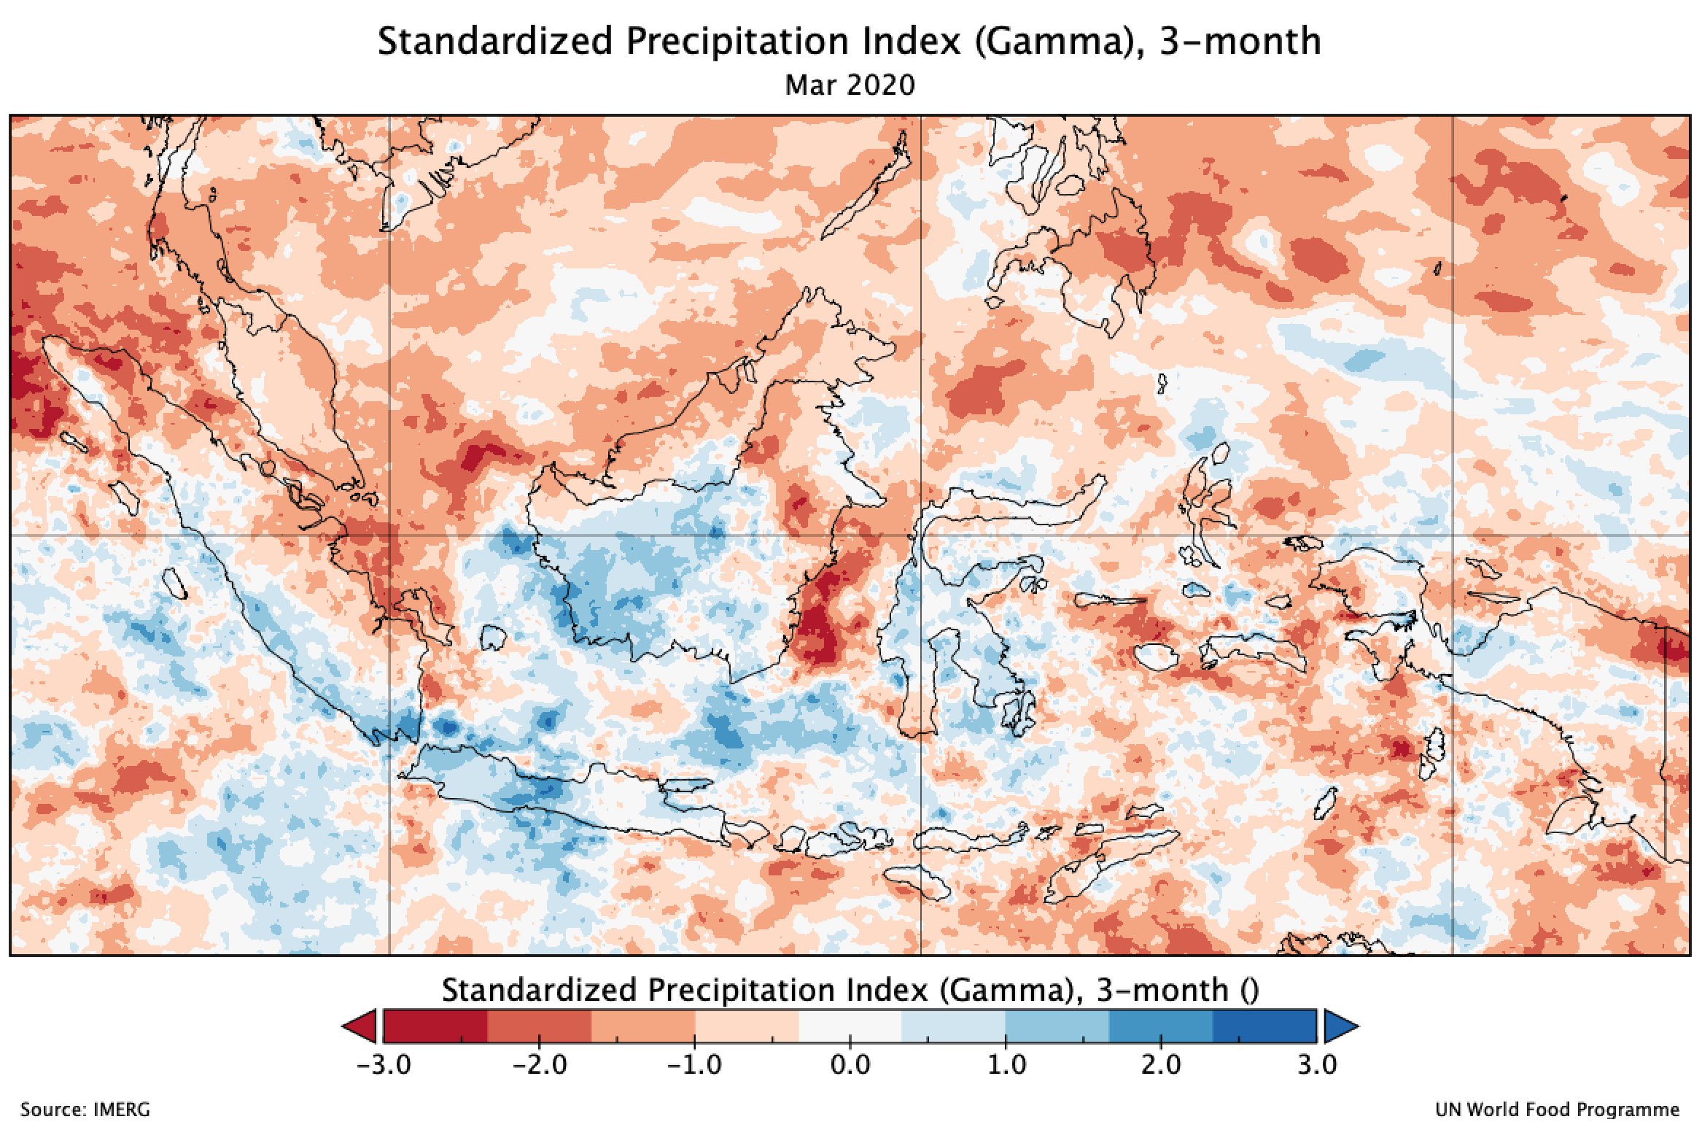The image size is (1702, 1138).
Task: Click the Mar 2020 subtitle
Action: click(x=850, y=85)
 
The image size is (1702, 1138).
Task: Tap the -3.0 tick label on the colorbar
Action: click(x=384, y=1064)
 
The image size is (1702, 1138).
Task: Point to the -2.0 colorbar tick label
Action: click(x=539, y=1064)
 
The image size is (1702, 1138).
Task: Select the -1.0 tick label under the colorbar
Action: click(x=694, y=1064)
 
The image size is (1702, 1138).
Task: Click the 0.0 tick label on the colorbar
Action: click(x=850, y=1064)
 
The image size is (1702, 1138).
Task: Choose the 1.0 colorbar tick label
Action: click(x=1006, y=1064)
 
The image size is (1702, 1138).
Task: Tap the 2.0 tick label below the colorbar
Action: click(x=1161, y=1064)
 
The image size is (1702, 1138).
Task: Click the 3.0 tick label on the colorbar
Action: click(x=1317, y=1064)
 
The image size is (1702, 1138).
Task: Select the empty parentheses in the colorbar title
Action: click(x=1248, y=990)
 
